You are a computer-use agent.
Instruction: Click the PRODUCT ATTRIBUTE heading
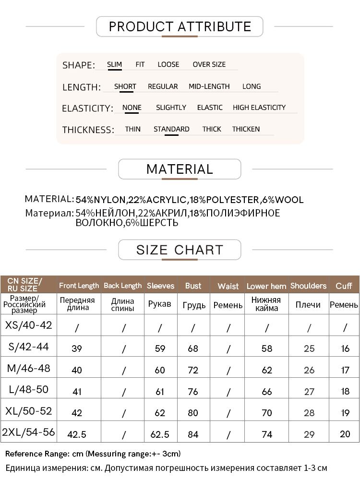tap(180, 27)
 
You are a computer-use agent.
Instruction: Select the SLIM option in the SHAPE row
tap(114, 64)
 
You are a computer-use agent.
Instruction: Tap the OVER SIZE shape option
tap(209, 64)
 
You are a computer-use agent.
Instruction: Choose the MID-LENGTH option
tap(209, 86)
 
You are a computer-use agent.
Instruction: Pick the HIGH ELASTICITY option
tap(259, 108)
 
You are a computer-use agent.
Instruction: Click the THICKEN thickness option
tap(246, 129)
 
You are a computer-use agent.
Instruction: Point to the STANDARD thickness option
tap(171, 129)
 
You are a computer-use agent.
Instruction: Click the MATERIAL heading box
tap(180, 169)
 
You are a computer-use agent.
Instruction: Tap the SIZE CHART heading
tap(180, 250)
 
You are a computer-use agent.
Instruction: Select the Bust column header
tap(193, 286)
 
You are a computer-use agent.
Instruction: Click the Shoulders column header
tap(308, 286)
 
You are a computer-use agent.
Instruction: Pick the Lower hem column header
tap(266, 286)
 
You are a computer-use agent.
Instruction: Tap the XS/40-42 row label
tap(28, 325)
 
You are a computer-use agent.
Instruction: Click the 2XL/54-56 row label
tap(28, 432)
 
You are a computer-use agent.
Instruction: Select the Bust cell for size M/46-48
tap(193, 370)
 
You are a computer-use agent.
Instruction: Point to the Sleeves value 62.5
tap(160, 434)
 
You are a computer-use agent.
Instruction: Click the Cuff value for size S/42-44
tap(345, 349)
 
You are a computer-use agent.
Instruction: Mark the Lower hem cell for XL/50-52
tap(267, 413)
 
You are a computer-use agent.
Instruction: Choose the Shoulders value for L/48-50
tap(309, 391)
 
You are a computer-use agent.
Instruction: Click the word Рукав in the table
tap(160, 304)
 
